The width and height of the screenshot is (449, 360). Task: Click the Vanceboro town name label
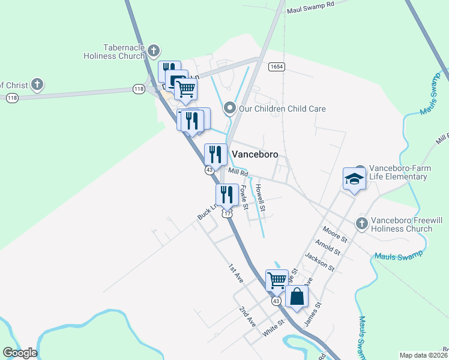[255, 154]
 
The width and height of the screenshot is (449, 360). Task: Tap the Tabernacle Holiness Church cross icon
[154, 50]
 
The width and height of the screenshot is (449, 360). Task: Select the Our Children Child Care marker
[229, 109]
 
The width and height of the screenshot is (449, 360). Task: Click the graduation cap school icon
[354, 179]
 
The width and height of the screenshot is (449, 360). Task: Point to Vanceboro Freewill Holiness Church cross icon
[361, 223]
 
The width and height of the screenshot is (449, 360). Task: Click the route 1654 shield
[276, 67]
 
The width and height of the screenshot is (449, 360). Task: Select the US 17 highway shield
[226, 214]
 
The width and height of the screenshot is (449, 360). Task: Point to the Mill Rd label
[238, 172]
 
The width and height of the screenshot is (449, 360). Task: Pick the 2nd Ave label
[248, 316]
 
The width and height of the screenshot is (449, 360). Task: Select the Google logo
[20, 352]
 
